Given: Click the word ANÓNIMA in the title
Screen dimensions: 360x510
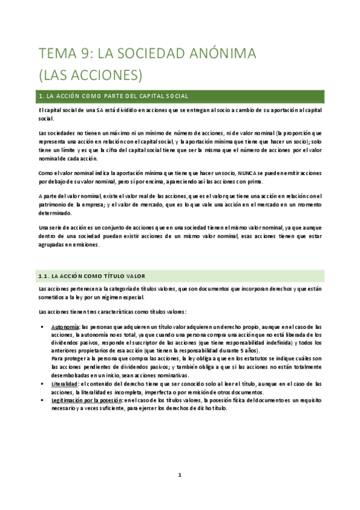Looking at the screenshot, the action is pyautogui.click(x=222, y=55).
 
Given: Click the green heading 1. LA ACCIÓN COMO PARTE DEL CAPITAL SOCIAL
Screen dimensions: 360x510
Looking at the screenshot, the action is pyautogui.click(x=114, y=96).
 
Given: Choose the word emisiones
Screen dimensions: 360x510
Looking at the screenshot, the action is pyautogui.click(x=85, y=245).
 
